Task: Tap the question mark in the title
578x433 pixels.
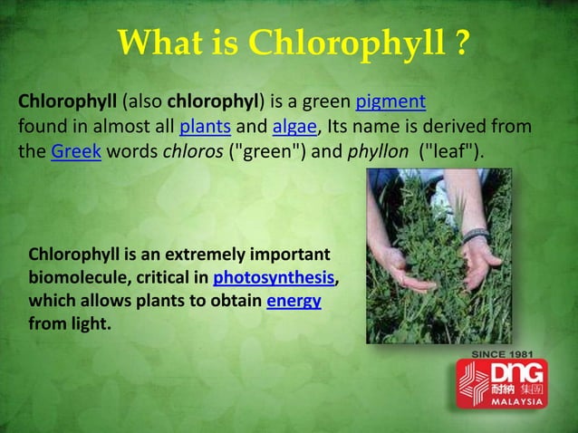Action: [x=460, y=42]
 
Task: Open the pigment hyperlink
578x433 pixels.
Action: [x=390, y=101]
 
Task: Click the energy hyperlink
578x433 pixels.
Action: [x=294, y=300]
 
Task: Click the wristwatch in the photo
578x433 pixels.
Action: [x=477, y=236]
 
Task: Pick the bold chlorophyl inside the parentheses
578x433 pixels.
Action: [x=214, y=101]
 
